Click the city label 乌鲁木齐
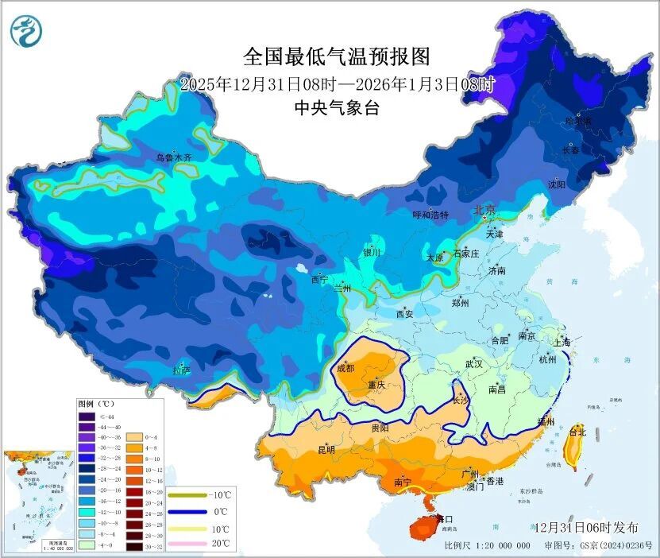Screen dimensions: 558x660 [173, 158]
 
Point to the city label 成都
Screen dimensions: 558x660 [345, 368]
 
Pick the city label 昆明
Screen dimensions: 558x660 [326, 450]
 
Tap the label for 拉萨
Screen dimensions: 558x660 [181, 370]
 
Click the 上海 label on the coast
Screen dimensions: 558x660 [562, 343]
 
